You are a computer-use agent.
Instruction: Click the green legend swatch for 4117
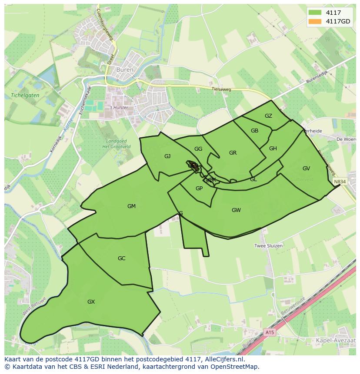coord(315,13)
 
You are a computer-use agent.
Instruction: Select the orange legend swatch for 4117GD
coord(315,21)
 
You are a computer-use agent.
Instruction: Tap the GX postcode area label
coord(91,301)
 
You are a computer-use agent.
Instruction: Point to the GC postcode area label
coord(121,258)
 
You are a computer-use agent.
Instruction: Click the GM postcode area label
coord(131,206)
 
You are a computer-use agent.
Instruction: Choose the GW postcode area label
coord(236,210)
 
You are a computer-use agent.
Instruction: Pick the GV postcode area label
coord(306,169)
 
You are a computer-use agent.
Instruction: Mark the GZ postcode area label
coord(268,116)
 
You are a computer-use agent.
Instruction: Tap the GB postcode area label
coord(254,131)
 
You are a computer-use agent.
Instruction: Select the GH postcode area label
coord(273,149)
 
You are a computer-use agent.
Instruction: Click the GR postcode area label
coord(233,153)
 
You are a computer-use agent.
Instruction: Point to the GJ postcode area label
coord(167,156)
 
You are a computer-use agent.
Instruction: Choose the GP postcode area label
coord(199,189)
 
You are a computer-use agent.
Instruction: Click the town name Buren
coord(127,69)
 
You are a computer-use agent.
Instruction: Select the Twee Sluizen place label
coord(268,246)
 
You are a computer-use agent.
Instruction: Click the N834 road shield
coord(340,181)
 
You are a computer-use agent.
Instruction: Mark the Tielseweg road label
coord(221,89)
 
